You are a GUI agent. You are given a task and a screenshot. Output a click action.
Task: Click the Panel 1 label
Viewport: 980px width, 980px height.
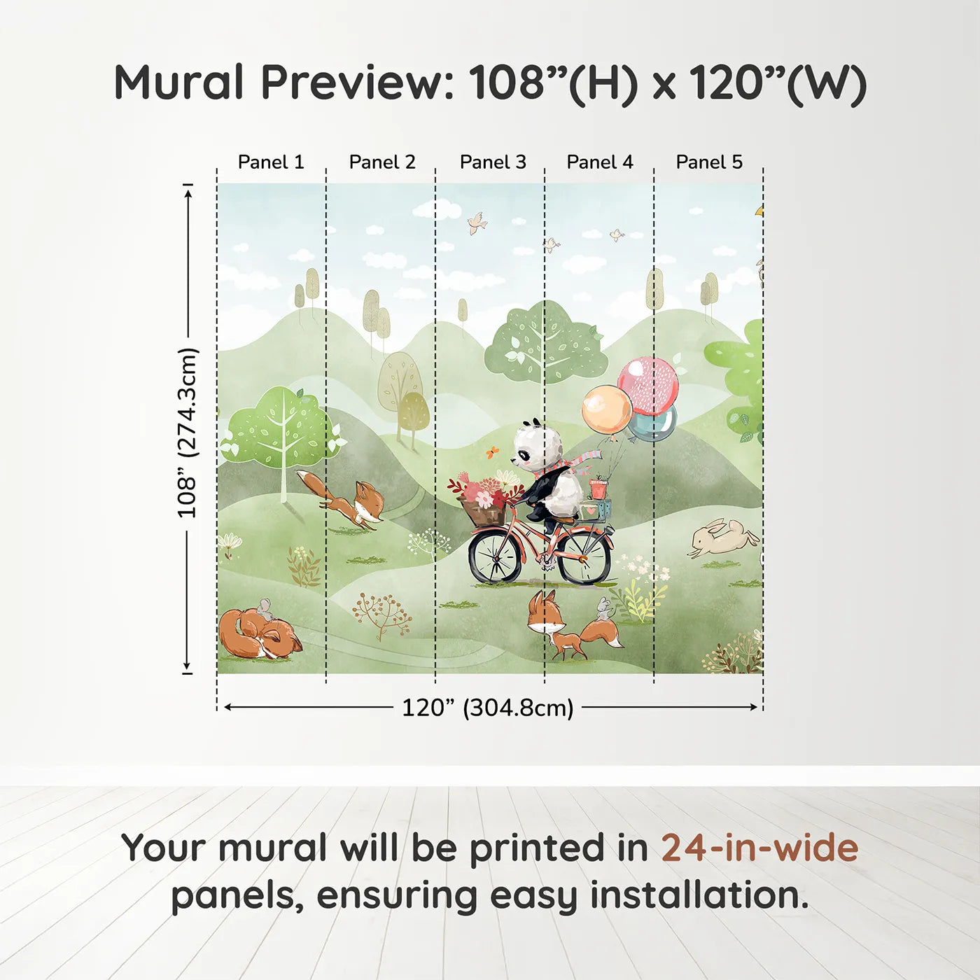(x=271, y=162)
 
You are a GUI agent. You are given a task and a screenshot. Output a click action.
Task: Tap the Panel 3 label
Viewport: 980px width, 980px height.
(x=493, y=162)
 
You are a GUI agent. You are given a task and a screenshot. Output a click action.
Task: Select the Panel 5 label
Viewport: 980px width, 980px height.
(x=708, y=162)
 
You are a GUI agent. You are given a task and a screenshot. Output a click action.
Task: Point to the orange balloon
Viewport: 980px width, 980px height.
(x=606, y=409)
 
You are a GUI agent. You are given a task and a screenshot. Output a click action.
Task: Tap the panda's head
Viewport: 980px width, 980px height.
(x=538, y=447)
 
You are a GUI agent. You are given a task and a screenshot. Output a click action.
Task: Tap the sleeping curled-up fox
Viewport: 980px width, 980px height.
(x=258, y=634)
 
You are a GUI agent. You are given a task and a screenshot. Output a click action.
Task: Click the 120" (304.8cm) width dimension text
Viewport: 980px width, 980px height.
(x=487, y=708)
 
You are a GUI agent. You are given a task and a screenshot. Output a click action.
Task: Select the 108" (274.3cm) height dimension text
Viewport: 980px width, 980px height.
(x=187, y=433)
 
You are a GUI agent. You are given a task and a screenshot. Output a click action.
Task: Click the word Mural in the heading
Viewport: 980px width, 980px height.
(x=178, y=83)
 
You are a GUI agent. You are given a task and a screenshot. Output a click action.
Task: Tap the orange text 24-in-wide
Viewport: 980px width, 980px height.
(x=759, y=848)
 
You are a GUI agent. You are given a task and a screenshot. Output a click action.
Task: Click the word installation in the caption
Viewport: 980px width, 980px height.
(x=699, y=895)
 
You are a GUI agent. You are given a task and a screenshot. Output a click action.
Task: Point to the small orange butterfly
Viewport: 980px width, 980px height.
(x=493, y=452)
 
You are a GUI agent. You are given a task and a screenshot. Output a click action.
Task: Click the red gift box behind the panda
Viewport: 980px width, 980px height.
(x=598, y=489)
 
